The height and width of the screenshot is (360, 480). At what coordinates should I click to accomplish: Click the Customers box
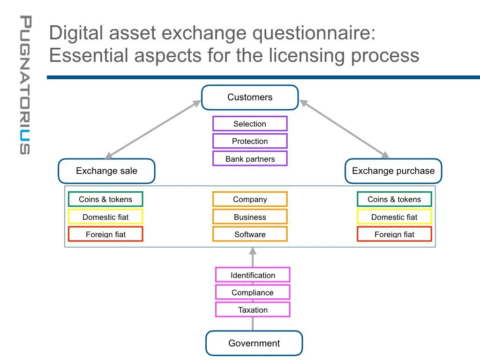click(250, 97)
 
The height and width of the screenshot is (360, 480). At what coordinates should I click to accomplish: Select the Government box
click(254, 343)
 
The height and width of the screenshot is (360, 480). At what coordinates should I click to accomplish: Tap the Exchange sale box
click(106, 171)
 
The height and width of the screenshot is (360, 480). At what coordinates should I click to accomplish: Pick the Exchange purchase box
click(393, 171)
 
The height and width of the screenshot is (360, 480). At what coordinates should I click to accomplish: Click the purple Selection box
click(250, 124)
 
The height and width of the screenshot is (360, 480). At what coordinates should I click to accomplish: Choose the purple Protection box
click(250, 141)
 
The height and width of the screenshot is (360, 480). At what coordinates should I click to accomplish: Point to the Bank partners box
click(250, 158)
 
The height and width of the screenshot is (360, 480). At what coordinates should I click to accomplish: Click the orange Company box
click(250, 199)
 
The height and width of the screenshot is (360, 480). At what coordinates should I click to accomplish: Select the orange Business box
click(250, 217)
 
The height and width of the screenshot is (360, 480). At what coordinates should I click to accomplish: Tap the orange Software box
click(250, 234)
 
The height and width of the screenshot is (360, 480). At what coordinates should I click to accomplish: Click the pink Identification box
click(253, 275)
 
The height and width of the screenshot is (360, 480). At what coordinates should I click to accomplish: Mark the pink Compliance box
click(253, 292)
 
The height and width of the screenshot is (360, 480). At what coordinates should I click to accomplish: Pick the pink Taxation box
click(253, 310)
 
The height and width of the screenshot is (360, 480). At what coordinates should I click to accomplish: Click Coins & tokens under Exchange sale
click(105, 199)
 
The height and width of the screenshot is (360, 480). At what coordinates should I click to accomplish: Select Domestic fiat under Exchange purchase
click(394, 217)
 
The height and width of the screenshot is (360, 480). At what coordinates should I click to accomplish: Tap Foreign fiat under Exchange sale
click(105, 234)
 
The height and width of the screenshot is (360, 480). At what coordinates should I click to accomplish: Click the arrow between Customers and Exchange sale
click(152, 129)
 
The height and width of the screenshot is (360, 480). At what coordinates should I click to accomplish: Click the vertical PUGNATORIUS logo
click(25, 85)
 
